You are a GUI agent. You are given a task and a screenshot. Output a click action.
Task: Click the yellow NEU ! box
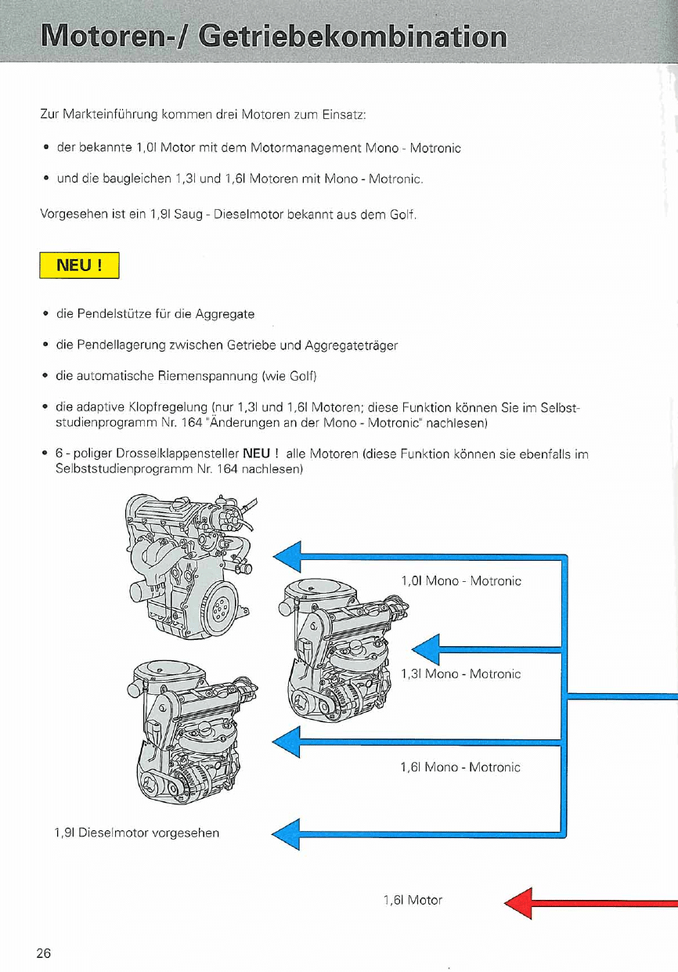79,266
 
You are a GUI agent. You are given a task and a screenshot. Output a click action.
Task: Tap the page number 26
43,953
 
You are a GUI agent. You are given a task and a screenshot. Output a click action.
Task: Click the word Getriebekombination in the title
353,37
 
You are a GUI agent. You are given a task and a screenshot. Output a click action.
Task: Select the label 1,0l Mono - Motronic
460,581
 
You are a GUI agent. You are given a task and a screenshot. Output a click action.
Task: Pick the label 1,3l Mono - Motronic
460,674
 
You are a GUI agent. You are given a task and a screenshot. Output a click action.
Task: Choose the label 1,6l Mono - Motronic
460,768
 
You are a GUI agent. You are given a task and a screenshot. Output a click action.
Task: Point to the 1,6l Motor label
413,900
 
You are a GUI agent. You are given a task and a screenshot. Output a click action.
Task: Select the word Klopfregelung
170,408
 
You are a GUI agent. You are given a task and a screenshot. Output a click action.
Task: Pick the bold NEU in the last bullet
256,454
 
